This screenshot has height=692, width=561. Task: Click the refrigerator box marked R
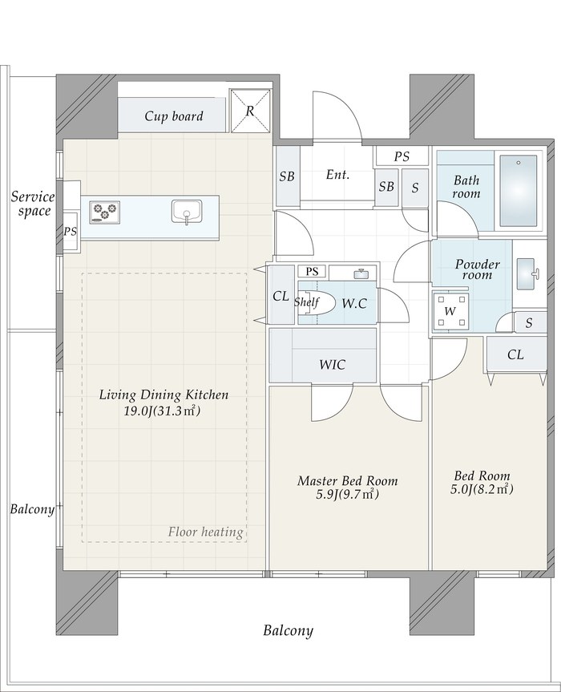250,111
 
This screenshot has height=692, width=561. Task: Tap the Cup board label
174,116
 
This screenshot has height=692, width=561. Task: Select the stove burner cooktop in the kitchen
105,212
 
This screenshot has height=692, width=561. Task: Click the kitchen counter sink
187,212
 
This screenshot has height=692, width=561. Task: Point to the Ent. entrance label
338,175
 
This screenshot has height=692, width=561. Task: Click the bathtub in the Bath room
519,191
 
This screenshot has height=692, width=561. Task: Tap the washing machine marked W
450,311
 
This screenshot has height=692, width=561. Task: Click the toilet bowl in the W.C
314,303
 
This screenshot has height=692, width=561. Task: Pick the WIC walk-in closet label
332,365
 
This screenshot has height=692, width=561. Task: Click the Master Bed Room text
348,480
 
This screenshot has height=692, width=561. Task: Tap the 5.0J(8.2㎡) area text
482,489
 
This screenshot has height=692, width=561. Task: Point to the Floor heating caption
205,532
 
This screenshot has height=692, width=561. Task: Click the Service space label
33,204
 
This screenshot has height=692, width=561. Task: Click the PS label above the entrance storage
402,156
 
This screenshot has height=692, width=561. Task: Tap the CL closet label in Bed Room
515,354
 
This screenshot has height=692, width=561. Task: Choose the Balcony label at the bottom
288,630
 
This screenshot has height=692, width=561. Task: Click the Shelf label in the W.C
306,302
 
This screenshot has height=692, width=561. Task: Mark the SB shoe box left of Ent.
287,176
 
